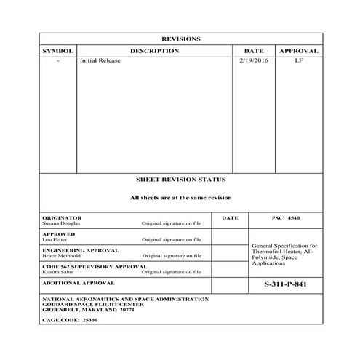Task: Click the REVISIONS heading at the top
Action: coord(180,39)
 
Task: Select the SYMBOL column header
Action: coord(58,51)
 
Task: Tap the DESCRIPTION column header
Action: coord(154,51)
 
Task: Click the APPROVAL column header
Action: coord(299,51)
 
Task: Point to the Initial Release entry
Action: coord(100,60)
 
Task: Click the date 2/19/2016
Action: coord(253,60)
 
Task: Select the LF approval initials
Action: coord(298,60)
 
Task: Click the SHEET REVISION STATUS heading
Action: coord(180,179)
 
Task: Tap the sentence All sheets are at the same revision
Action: coord(180,197)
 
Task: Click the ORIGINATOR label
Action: coord(63,217)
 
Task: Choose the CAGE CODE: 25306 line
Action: coord(70,319)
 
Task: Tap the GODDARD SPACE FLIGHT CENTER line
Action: coord(93,304)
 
